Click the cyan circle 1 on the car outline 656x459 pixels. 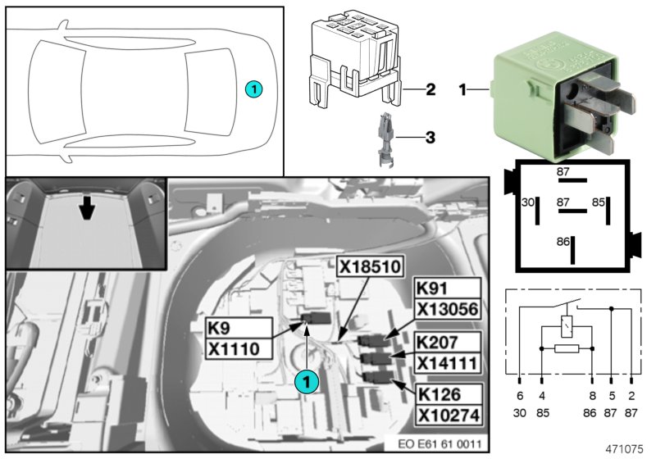[x=254, y=89]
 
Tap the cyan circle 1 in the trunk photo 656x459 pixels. [x=305, y=380]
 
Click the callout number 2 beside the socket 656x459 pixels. [x=430, y=89]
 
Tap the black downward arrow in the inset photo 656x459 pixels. [x=85, y=210]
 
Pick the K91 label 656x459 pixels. [x=434, y=289]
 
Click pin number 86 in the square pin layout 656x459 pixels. [x=563, y=243]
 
